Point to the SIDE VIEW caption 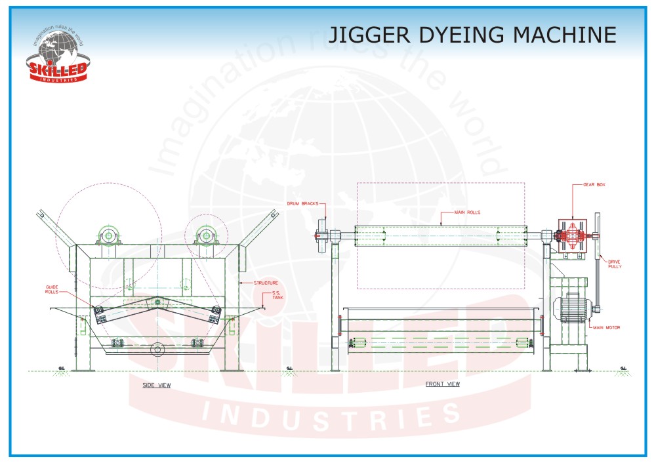[x=157, y=385]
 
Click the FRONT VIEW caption [x=443, y=384]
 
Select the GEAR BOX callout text [x=594, y=185]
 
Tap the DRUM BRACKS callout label [x=302, y=203]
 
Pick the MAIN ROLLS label [x=468, y=212]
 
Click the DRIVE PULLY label [x=615, y=264]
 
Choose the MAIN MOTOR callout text [x=607, y=327]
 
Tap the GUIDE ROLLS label [x=52, y=289]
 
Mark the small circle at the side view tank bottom [x=157, y=350]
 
